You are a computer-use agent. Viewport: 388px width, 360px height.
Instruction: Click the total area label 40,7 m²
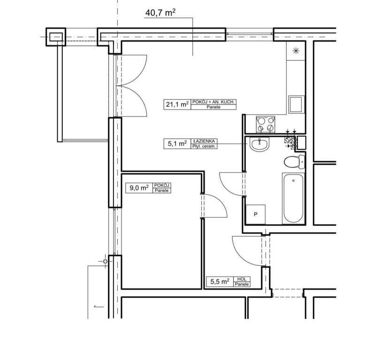tap(160, 12)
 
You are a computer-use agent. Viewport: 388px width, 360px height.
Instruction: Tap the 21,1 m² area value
tap(177, 105)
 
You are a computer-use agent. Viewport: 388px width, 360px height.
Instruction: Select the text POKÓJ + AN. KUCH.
tap(214, 102)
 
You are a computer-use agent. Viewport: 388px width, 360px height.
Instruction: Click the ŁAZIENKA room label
tap(204, 141)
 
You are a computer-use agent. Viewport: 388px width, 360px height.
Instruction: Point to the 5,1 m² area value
tap(177, 143)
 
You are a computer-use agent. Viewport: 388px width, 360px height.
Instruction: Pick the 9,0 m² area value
tap(139, 188)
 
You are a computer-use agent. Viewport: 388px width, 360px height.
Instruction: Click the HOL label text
tap(242, 279)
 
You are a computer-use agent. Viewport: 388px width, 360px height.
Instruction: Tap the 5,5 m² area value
tap(220, 282)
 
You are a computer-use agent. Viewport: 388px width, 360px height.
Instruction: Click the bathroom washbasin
tap(259, 144)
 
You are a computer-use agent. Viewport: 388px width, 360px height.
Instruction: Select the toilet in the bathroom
tap(294, 162)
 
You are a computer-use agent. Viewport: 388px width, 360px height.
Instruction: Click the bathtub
tap(293, 198)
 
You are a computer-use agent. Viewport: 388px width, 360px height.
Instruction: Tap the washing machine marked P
tap(256, 214)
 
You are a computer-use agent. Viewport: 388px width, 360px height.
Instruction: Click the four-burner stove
tap(266, 124)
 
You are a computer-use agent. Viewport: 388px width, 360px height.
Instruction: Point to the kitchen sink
tap(296, 105)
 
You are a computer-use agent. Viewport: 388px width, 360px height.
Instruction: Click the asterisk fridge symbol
tap(296, 51)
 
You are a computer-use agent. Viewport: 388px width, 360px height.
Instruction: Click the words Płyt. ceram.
tap(204, 146)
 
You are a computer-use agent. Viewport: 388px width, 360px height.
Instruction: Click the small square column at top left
tap(56, 37)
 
